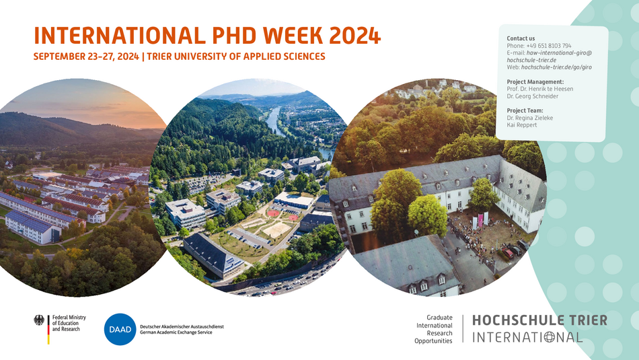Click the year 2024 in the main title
(354, 35)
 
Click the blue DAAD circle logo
(120, 329)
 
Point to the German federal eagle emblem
(39, 320)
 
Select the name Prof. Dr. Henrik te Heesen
(540, 89)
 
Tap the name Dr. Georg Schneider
(533, 96)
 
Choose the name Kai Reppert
(522, 124)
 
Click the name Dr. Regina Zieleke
(530, 118)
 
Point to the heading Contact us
(521, 38)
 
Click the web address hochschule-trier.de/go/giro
(556, 67)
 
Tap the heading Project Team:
(525, 110)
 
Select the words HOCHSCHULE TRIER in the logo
(539, 320)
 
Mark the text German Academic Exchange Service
(176, 332)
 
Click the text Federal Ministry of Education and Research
(69, 323)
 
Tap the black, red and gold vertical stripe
(48, 330)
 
